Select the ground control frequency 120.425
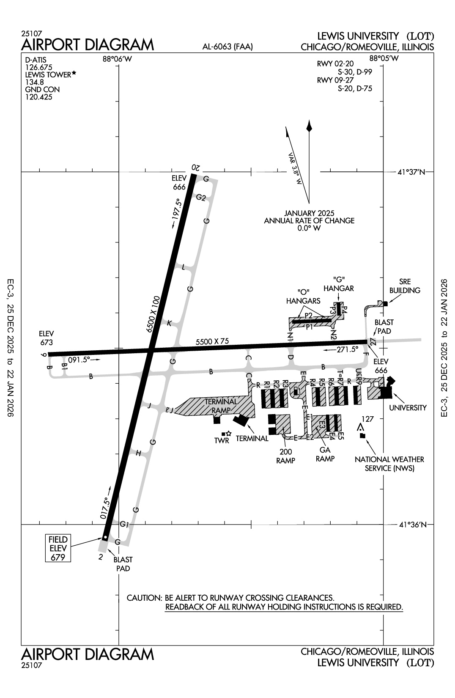point(39,97)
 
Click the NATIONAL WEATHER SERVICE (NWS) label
point(389,464)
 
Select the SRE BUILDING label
point(405,286)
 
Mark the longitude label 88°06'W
point(118,59)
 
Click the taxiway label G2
point(200,198)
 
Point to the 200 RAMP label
point(285,456)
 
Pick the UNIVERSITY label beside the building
point(408,408)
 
